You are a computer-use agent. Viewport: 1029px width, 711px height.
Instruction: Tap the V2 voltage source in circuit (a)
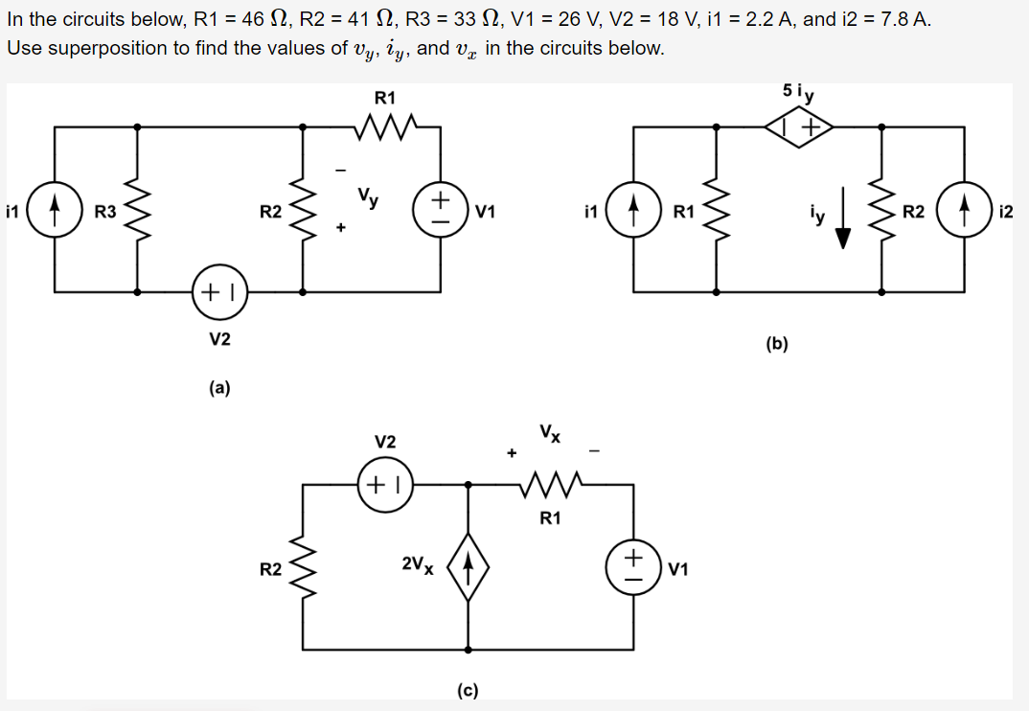pos(220,291)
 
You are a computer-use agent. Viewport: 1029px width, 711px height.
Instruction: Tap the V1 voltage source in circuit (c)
pos(634,567)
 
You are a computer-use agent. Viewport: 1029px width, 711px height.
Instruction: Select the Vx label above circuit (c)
pos(550,432)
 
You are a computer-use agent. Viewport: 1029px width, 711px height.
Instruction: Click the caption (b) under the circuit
pos(777,344)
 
